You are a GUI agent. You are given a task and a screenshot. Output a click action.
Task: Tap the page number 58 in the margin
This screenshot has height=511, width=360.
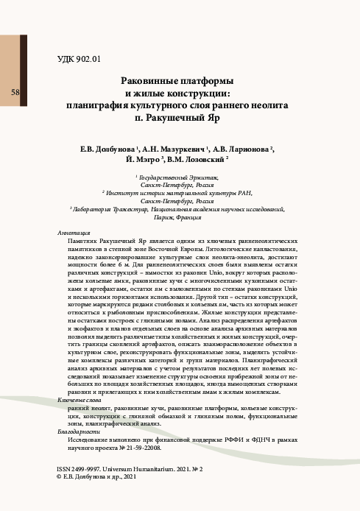pyautogui.click(x=15, y=93)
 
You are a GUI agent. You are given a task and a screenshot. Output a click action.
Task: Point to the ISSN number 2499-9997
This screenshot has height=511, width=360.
pyautogui.click(x=88, y=468)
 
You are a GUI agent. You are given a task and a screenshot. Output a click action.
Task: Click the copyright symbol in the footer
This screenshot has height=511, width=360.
pyautogui.click(x=60, y=477)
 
